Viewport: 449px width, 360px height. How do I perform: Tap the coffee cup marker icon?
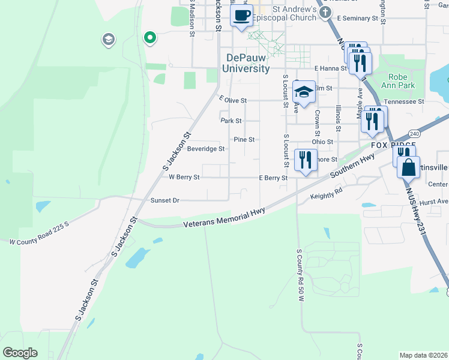(241, 16)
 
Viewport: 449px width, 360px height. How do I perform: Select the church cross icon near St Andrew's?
(325, 13)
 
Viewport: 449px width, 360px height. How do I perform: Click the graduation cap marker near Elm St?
(304, 92)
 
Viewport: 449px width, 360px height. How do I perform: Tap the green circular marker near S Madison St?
(149, 38)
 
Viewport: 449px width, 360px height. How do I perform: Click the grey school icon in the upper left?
(109, 40)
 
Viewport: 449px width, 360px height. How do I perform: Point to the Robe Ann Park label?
(398, 81)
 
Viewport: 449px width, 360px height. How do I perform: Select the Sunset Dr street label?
(164, 200)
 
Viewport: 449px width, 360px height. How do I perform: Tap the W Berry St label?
(184, 178)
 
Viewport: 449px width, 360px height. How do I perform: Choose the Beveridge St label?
(206, 149)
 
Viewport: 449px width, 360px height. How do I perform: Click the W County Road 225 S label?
(39, 239)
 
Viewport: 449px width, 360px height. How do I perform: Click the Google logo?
(20, 352)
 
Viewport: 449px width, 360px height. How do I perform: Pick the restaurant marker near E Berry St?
(306, 160)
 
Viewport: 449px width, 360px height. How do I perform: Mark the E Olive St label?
(234, 100)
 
